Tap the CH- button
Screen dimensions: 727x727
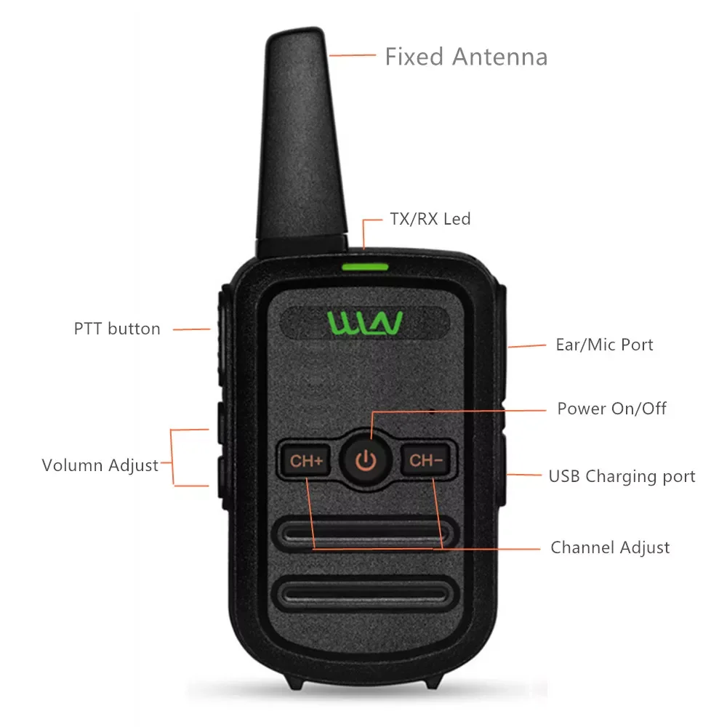tap(425, 460)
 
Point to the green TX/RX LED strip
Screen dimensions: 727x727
tap(365, 265)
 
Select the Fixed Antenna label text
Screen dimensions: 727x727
tap(466, 57)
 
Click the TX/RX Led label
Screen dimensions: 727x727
tap(430, 218)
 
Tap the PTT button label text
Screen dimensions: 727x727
tap(117, 329)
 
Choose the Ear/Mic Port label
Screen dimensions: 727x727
tap(604, 345)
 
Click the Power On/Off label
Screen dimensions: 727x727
tap(611, 408)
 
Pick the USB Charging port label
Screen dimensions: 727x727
tap(622, 476)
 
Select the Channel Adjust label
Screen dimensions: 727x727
tap(610, 547)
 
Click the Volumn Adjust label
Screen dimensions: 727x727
tap(100, 465)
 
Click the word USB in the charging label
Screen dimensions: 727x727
tap(564, 476)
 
